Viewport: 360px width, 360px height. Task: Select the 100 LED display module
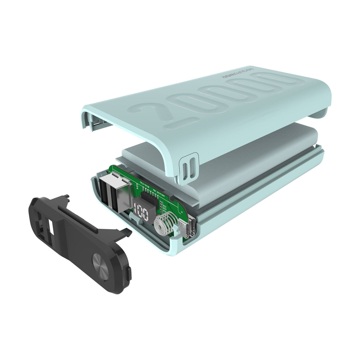[x=142, y=211]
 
